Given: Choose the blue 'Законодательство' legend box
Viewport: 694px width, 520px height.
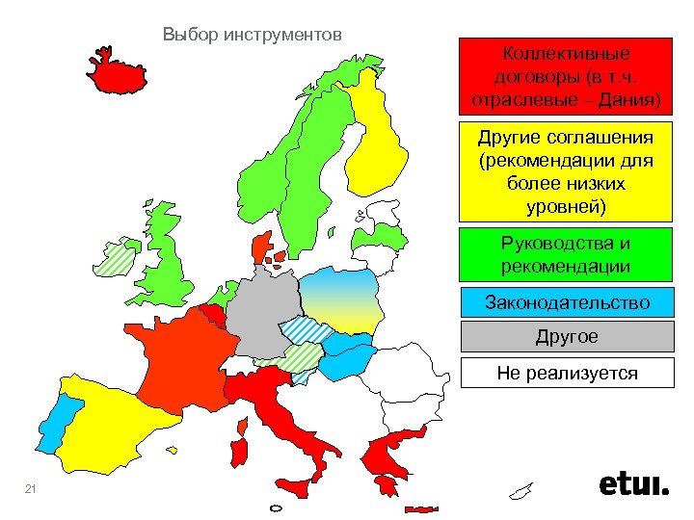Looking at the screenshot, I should point(566,302).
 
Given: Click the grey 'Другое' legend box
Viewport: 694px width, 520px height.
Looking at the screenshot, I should point(566,337).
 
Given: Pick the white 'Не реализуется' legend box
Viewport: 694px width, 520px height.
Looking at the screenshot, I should point(566,373).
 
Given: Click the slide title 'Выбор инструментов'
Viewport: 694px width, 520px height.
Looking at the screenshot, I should point(253,36).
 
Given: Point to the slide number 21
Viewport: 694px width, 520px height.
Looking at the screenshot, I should point(30,491).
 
